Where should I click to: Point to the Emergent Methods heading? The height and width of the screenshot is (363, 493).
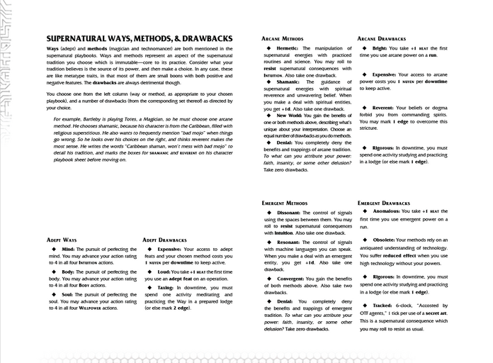click(285, 203)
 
